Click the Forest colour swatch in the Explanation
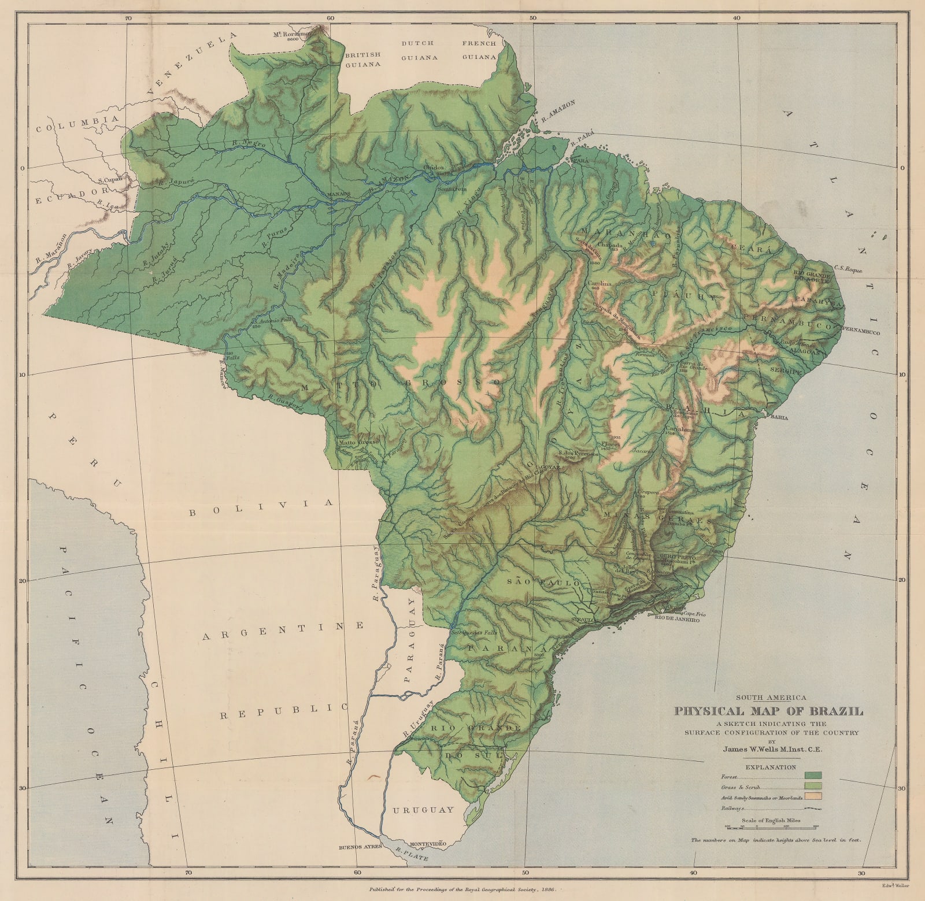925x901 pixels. [x=812, y=776]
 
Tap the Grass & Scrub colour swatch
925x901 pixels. [x=812, y=787]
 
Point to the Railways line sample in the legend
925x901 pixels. [x=812, y=809]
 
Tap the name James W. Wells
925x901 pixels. [x=751, y=748]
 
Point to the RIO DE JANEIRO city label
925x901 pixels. [x=678, y=620]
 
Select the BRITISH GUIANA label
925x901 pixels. [x=362, y=59]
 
